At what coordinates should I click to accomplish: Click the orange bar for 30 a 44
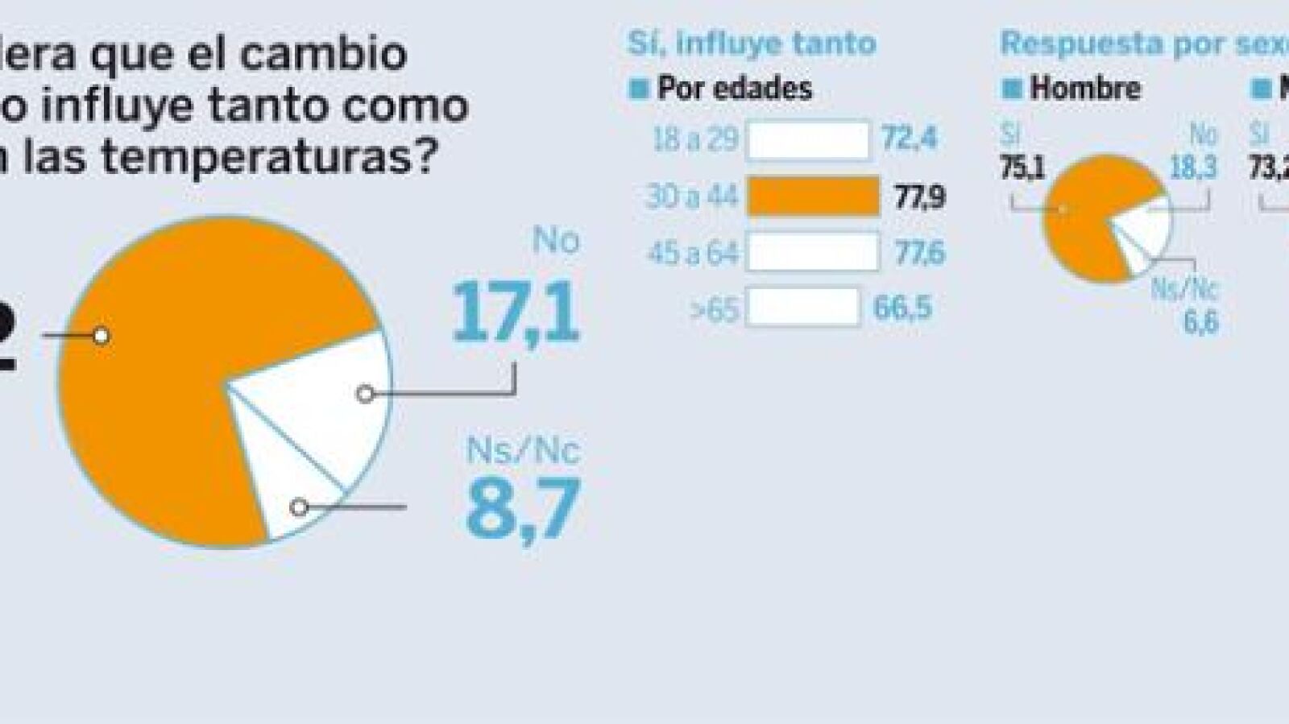pos(813,197)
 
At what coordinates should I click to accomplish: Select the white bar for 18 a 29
pos(808,140)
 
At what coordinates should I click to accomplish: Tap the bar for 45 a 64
pos(813,252)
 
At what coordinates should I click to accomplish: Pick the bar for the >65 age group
pos(802,308)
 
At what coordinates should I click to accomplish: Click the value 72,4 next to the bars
pos(909,139)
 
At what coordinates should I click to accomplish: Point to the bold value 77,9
pos(919,197)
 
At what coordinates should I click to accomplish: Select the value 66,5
pos(902,308)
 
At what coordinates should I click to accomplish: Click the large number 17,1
pos(516,312)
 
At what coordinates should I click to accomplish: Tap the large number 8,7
pos(523,508)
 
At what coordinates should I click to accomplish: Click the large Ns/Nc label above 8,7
pos(523,450)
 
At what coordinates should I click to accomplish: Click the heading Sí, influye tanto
pos(752,43)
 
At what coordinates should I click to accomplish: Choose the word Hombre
pos(1084,88)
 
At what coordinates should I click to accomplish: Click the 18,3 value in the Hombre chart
pos(1193,168)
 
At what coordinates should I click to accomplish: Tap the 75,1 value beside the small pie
pos(1022,168)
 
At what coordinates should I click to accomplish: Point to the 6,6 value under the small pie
pos(1200,322)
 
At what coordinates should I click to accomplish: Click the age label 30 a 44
pos(692,197)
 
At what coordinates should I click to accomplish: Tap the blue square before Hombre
pos(1011,88)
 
